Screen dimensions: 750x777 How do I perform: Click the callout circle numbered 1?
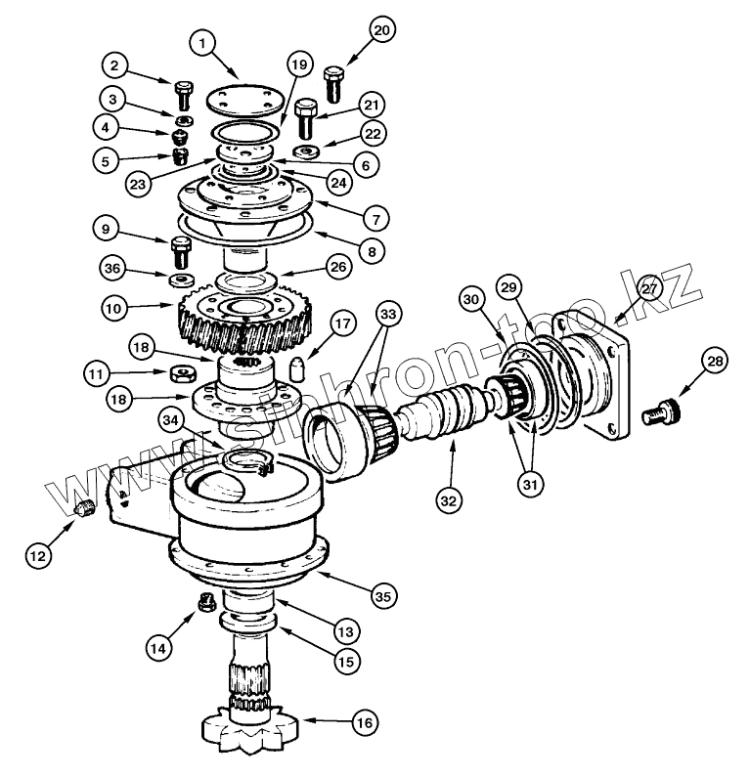pos(202,44)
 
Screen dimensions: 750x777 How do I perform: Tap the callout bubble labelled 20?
pos(381,30)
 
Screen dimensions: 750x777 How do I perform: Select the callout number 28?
pos(716,362)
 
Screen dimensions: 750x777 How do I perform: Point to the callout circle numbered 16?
pos(365,723)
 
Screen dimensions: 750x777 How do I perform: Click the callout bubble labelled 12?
pos(38,555)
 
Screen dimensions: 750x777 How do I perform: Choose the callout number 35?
pos(383,596)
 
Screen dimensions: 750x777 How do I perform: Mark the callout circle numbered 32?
pos(448,501)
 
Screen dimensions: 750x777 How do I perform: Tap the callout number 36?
pos(112,268)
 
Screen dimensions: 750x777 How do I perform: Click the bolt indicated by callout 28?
pos(661,413)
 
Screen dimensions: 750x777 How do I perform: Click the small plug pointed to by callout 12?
pos(85,508)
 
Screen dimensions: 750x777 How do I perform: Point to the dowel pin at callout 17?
pos(297,368)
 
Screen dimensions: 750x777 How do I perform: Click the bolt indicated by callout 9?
pos(181,252)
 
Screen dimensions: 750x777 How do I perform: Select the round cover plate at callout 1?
pos(244,103)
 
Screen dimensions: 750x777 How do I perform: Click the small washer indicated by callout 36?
pos(181,281)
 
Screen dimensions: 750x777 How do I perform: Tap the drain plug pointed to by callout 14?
pos(206,603)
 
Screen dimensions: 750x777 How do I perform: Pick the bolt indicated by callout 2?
pos(184,96)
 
